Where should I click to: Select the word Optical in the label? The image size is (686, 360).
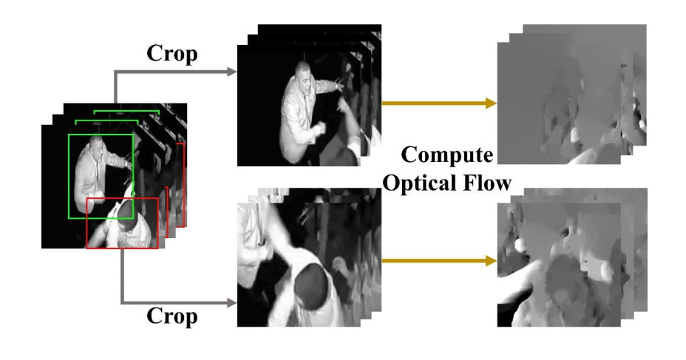coord(427,183)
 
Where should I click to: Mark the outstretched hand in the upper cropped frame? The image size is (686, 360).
coord(340,83)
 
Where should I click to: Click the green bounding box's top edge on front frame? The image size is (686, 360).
coord(101,135)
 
